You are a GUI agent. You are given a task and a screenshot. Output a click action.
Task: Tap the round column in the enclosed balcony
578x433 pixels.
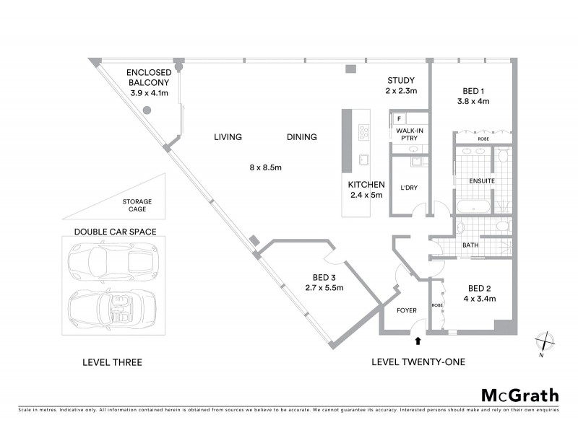click(x=147, y=110)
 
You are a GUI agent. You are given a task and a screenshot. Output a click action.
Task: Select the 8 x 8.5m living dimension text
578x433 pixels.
click(x=265, y=167)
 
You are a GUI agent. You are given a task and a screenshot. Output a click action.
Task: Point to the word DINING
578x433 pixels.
click(x=301, y=137)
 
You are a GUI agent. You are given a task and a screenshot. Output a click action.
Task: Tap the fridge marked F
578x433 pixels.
click(x=399, y=119)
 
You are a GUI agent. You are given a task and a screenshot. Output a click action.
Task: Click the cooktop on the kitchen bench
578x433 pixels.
click(x=364, y=132)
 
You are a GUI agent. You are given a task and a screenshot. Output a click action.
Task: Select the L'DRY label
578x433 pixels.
click(x=410, y=189)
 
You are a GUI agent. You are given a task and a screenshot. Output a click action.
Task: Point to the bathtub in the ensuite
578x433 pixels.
click(x=475, y=207)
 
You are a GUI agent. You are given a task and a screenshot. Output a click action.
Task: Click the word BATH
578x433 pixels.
click(x=470, y=245)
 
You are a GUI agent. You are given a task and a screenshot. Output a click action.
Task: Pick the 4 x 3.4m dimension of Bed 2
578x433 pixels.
click(x=476, y=298)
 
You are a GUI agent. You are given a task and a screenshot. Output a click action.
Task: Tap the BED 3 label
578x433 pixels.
click(x=324, y=277)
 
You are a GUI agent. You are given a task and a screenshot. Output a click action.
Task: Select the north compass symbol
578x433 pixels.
click(x=545, y=341)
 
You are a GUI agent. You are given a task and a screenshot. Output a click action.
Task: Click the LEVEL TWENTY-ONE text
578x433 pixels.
click(x=418, y=362)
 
